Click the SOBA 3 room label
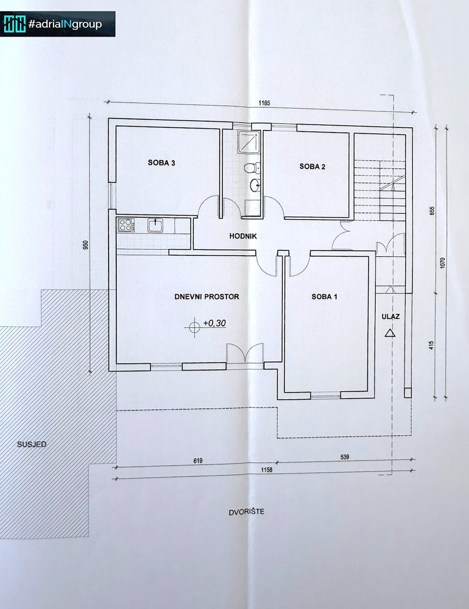point(161,163)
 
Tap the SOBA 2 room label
point(312,166)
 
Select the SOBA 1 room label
point(324,296)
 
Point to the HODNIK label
point(243,236)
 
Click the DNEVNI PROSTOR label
point(207,296)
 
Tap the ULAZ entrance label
point(390,317)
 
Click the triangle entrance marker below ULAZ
point(390,332)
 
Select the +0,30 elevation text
point(215,323)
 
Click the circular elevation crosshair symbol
point(193,327)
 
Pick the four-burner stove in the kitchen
point(126,225)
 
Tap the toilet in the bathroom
point(250,168)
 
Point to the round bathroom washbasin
point(255,185)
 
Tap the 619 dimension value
point(198,461)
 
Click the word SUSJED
point(31,445)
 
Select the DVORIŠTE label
point(247,512)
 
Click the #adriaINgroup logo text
point(65,24)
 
